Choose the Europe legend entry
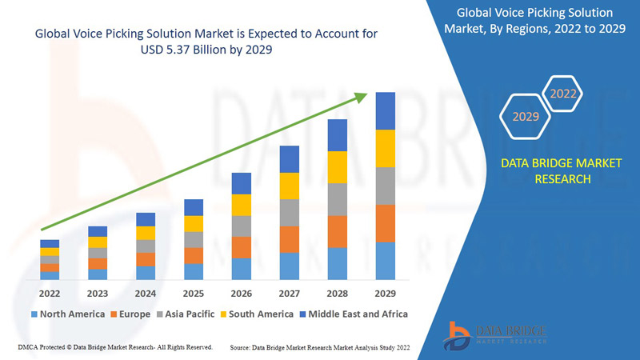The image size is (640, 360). [130, 314]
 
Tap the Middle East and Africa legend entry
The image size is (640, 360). [354, 314]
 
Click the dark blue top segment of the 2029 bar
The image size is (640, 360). [386, 110]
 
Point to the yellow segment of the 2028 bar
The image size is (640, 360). [338, 166]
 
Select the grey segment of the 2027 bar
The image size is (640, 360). [290, 212]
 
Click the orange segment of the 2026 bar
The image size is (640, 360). [242, 247]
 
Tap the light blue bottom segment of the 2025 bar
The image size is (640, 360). [194, 271]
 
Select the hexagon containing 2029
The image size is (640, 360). [526, 117]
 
